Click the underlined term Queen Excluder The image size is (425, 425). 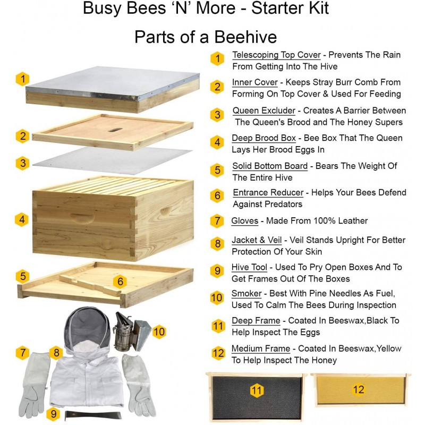pyautogui.click(x=263, y=111)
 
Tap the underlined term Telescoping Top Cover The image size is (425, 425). pyautogui.click(x=276, y=55)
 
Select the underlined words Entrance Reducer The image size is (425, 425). pyautogui.click(x=268, y=192)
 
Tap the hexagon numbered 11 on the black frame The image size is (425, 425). pyautogui.click(x=257, y=391)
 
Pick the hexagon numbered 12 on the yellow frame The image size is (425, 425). pyautogui.click(x=359, y=390)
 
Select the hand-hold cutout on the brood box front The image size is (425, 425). pyautogui.click(x=83, y=218)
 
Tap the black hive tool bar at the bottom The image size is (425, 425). pyautogui.click(x=93, y=414)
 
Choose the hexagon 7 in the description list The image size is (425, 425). pyautogui.click(x=217, y=221)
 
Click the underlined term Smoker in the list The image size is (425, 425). pyautogui.click(x=246, y=294)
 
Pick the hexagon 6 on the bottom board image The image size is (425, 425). pyautogui.click(x=120, y=282)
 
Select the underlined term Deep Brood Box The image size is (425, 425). pyautogui.click(x=264, y=138)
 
